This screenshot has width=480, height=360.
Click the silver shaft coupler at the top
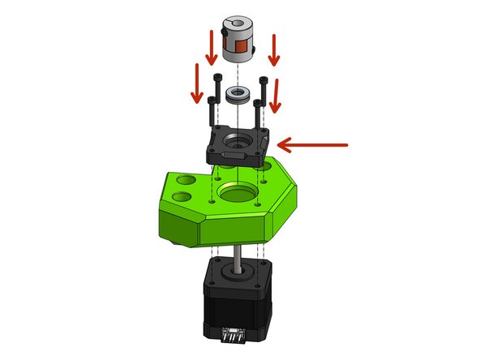pyautogui.click(x=240, y=41)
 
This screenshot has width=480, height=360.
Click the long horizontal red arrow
pyautogui.click(x=312, y=145)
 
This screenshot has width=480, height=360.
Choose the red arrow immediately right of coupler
pyautogui.click(x=274, y=49)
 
